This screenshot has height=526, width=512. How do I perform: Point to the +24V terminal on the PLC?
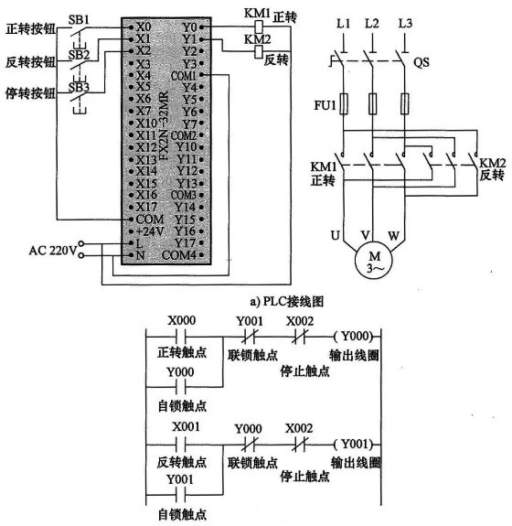[x=143, y=231]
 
